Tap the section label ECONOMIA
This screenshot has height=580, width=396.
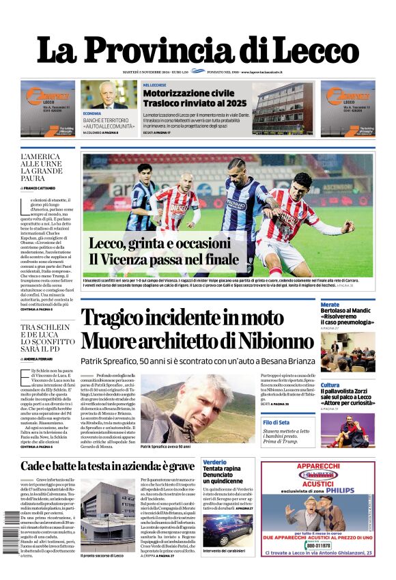point(92,113)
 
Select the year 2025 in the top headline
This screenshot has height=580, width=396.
point(232,103)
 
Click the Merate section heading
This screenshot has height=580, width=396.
point(330,305)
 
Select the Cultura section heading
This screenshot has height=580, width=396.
point(330,385)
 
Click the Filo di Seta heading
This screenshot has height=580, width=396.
point(277,422)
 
